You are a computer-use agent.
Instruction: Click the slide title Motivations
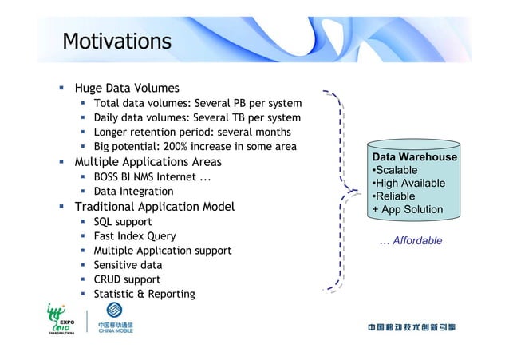coord(116,41)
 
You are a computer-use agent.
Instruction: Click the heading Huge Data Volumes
coord(126,88)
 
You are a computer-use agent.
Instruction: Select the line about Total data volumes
coord(197,103)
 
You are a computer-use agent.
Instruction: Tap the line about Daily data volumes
coord(197,117)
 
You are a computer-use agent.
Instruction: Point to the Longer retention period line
coord(191,132)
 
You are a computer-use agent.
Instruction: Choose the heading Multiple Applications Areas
coord(148,162)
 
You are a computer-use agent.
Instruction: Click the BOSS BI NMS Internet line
coord(152,176)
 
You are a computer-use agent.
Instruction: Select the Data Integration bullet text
coord(133,191)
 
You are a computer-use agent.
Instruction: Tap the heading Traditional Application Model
coord(154,207)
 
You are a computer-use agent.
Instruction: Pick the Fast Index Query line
coord(135,235)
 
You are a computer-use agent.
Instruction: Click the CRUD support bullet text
coord(127,279)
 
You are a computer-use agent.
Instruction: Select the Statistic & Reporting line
coord(144,294)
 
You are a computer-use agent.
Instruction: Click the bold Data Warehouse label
coord(414,157)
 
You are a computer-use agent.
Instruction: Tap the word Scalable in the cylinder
coord(395,171)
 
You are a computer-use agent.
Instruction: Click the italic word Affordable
coord(416,240)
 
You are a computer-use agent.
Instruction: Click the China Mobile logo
coord(115,328)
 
